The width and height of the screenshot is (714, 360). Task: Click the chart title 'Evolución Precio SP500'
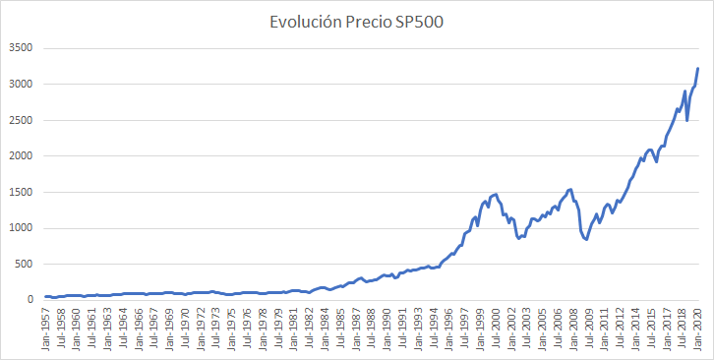[357, 22]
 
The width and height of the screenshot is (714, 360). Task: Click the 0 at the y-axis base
[30, 300]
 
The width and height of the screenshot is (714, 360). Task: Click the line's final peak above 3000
[697, 69]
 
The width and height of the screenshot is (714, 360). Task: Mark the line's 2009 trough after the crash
[586, 239]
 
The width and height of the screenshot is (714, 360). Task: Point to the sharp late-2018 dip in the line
[686, 120]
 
